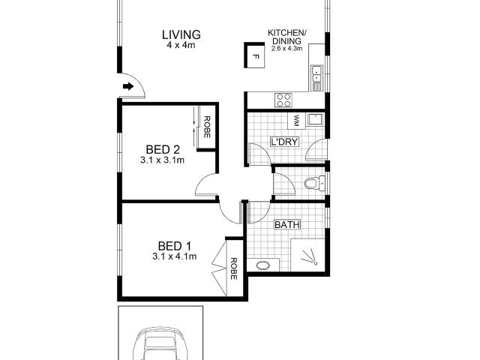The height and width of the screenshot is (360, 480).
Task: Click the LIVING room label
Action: (181, 34)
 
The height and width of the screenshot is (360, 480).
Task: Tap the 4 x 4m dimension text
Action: (181, 46)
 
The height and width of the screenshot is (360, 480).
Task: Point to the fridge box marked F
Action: (255, 56)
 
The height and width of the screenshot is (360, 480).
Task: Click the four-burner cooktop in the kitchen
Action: (283, 99)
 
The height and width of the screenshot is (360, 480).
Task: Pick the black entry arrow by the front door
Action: (128, 87)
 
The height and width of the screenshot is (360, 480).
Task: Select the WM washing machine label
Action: (297, 120)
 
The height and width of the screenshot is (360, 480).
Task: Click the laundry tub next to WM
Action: (315, 120)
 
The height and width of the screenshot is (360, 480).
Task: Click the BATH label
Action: (286, 224)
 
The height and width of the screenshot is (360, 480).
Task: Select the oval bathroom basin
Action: (263, 265)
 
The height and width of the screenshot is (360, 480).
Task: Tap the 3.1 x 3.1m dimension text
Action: (162, 160)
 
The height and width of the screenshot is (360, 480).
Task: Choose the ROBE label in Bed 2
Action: (206, 127)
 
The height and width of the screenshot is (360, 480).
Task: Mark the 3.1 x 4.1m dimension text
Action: (174, 256)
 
